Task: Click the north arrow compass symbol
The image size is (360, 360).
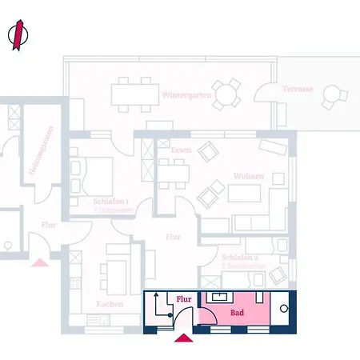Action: (18, 35)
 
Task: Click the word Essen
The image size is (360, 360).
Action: (180, 150)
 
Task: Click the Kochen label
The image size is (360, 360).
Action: (109, 304)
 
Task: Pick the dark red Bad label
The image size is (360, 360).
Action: (237, 314)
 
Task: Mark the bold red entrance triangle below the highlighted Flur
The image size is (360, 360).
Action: (183, 338)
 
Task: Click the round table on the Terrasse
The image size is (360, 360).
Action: (330, 97)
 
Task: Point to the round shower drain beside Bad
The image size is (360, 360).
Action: (285, 308)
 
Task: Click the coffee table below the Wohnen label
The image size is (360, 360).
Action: (245, 194)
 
